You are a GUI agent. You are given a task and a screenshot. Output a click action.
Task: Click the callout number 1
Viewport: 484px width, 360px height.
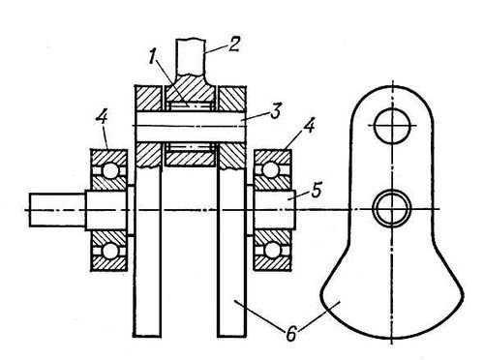[153, 58]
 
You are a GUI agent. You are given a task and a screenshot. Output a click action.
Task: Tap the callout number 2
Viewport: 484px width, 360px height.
[234, 45]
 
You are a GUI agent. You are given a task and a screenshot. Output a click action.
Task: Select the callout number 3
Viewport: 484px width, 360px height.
[275, 110]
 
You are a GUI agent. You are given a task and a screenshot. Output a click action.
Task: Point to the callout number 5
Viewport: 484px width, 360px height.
[317, 191]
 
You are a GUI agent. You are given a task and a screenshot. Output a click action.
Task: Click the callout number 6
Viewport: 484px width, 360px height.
[291, 335]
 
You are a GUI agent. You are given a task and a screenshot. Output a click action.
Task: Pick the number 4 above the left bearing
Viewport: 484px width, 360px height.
[102, 119]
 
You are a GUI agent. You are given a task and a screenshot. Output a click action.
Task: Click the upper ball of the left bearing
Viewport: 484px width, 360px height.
[110, 170]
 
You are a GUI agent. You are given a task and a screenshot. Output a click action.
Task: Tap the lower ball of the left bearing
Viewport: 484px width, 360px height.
[110, 251]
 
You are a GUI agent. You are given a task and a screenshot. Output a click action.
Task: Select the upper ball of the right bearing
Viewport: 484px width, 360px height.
[271, 169]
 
